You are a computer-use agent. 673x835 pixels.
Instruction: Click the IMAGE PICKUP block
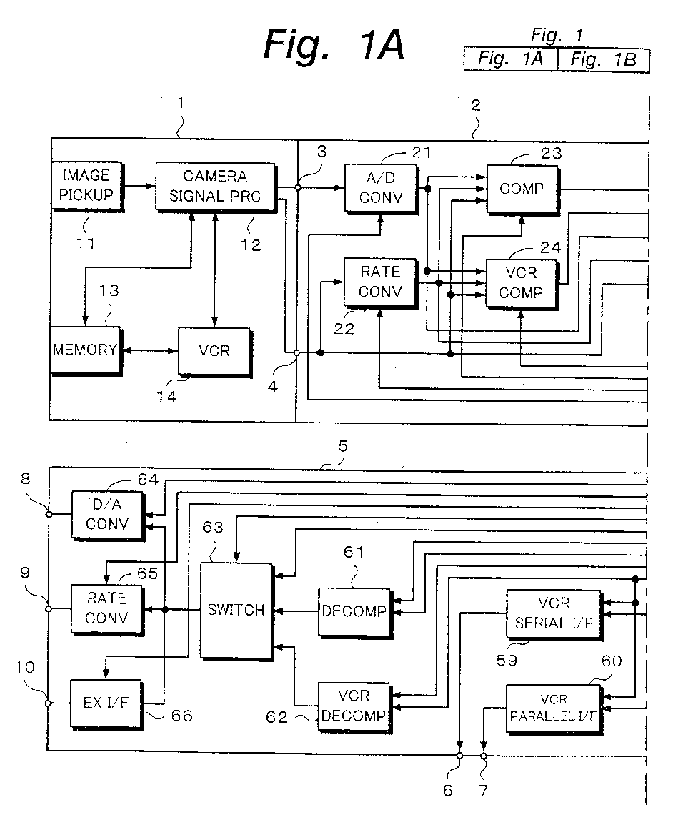[x=86, y=187]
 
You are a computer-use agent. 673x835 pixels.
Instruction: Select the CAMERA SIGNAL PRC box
[x=216, y=187]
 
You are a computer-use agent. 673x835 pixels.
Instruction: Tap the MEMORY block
[x=86, y=351]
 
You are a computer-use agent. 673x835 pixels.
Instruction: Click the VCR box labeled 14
[x=214, y=352]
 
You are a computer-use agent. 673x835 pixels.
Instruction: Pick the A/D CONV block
[x=380, y=189]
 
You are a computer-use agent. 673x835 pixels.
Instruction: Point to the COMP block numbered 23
[x=522, y=189]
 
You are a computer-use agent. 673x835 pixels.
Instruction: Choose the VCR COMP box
[x=522, y=284]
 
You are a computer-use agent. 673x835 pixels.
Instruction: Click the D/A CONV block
[x=108, y=515]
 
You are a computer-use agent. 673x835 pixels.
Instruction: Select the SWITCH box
[x=236, y=611]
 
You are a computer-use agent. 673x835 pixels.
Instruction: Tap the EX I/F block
[x=106, y=704]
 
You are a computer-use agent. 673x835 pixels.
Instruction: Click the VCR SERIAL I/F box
[x=554, y=614]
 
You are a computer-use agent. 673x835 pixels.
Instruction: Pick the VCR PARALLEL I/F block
[x=554, y=709]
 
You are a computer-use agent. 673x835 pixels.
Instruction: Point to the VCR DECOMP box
[x=354, y=707]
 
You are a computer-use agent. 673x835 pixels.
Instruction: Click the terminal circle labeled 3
[x=298, y=187]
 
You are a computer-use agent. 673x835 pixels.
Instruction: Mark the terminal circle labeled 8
[x=49, y=515]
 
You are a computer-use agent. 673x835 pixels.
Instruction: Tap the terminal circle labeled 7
[x=483, y=756]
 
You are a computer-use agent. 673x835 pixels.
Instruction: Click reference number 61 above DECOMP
[x=353, y=552]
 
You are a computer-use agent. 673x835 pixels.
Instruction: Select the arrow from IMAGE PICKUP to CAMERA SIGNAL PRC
[x=139, y=186]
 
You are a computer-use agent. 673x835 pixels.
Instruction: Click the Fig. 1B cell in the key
[x=603, y=59]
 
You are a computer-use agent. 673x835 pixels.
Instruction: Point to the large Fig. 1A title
[x=334, y=45]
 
